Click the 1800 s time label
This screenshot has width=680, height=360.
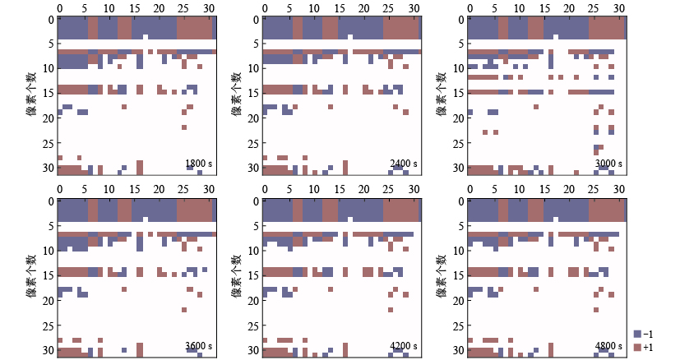tap(198, 164)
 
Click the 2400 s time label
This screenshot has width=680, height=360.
tap(403, 164)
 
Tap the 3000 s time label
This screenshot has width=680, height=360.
tap(608, 164)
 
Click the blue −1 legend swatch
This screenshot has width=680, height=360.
tap(637, 334)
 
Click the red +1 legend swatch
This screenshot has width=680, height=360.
tap(637, 348)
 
